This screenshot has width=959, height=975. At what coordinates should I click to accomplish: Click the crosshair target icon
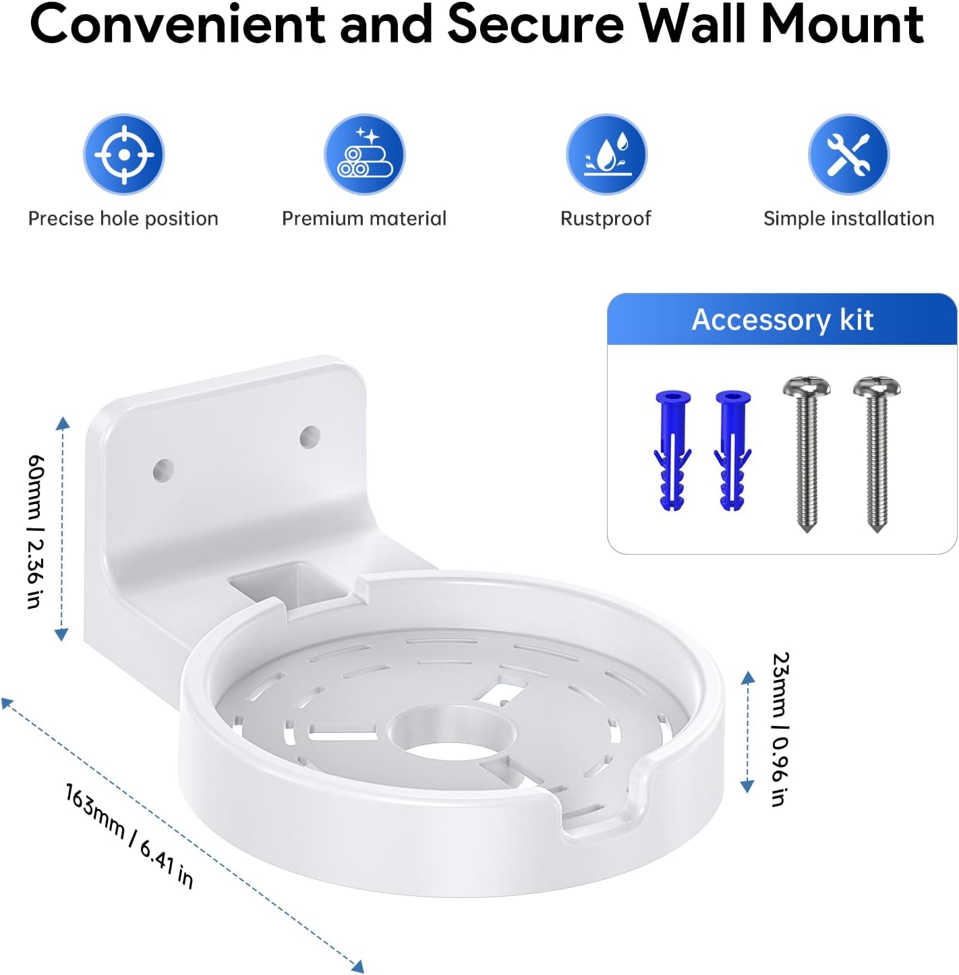click(124, 154)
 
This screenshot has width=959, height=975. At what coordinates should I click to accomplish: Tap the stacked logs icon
click(365, 154)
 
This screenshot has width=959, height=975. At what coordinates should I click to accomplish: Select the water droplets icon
click(606, 154)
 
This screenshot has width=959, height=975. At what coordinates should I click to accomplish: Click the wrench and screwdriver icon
click(848, 154)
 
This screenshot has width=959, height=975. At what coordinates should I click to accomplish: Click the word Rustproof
click(606, 219)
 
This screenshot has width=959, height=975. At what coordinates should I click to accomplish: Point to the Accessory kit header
click(782, 319)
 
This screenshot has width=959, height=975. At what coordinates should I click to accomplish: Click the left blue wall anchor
click(672, 450)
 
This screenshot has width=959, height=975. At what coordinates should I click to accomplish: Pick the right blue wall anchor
click(732, 450)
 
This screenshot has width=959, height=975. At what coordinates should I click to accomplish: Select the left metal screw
click(807, 453)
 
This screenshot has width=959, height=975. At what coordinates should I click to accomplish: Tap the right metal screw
click(877, 453)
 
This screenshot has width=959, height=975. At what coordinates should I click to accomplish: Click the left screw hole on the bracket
click(163, 470)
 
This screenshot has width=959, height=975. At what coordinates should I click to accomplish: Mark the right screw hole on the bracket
click(310, 437)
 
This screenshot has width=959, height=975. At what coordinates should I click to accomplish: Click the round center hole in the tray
click(453, 733)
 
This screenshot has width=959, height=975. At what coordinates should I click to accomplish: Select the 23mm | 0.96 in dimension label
click(780, 729)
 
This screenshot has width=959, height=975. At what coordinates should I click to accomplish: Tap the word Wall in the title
click(693, 24)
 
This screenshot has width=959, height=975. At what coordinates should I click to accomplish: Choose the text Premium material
click(364, 219)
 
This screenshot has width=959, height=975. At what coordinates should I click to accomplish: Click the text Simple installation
click(848, 219)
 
